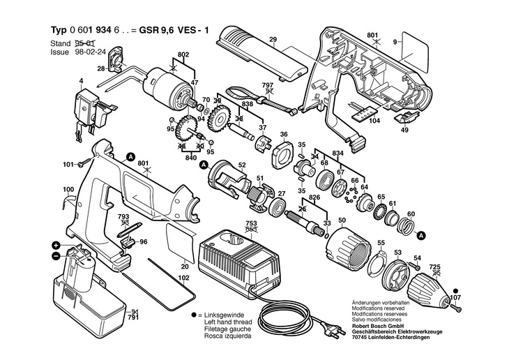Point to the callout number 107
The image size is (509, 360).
455,299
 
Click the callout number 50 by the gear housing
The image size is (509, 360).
342,221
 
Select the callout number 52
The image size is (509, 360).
242,165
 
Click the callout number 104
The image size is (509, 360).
374,121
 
